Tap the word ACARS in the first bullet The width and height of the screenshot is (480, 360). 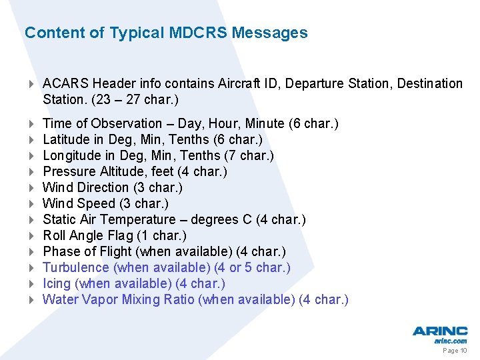[65, 83]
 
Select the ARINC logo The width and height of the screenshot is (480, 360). [439, 331]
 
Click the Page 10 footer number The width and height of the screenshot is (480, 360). [455, 351]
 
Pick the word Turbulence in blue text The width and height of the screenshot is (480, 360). [75, 267]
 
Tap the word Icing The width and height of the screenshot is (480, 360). [57, 283]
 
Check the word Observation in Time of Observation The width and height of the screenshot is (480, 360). [126, 123]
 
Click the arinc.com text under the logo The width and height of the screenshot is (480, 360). [451, 341]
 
